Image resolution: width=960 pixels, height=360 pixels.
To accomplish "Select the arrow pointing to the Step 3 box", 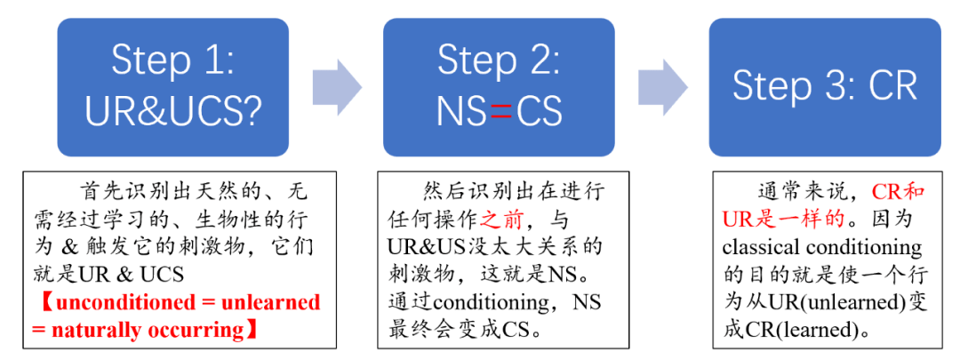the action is [x=663, y=87].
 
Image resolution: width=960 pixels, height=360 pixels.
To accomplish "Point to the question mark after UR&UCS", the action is [x=250, y=110].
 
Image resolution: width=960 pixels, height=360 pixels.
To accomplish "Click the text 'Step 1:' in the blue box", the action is [x=172, y=60].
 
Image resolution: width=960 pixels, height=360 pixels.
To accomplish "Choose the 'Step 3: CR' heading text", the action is [x=825, y=86].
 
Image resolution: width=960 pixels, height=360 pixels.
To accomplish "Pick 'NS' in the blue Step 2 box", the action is [x=461, y=111].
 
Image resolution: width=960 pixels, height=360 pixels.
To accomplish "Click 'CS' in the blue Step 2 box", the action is [x=538, y=111].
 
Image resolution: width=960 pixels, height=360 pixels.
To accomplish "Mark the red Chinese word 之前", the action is [x=500, y=219].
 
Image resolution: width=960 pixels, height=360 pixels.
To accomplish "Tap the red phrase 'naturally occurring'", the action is [x=147, y=331].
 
